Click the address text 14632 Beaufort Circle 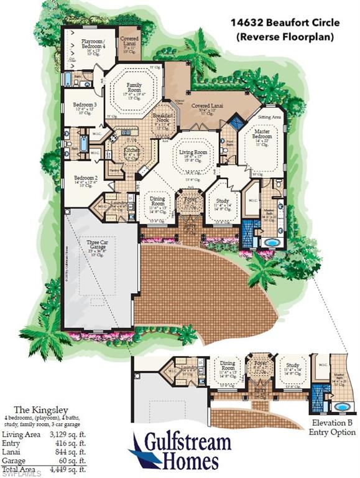[x=285, y=23]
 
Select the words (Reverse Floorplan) [x=285, y=37]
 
